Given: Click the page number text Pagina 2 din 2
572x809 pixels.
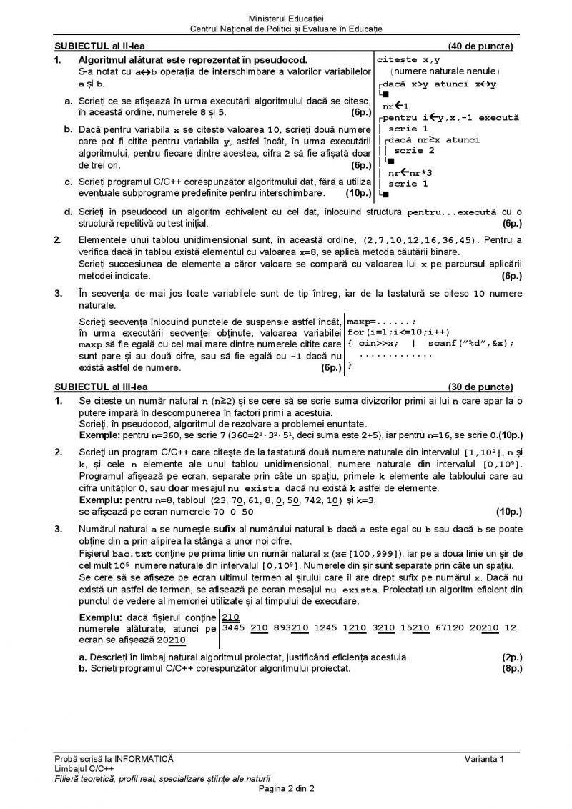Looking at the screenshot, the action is [x=287, y=788].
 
